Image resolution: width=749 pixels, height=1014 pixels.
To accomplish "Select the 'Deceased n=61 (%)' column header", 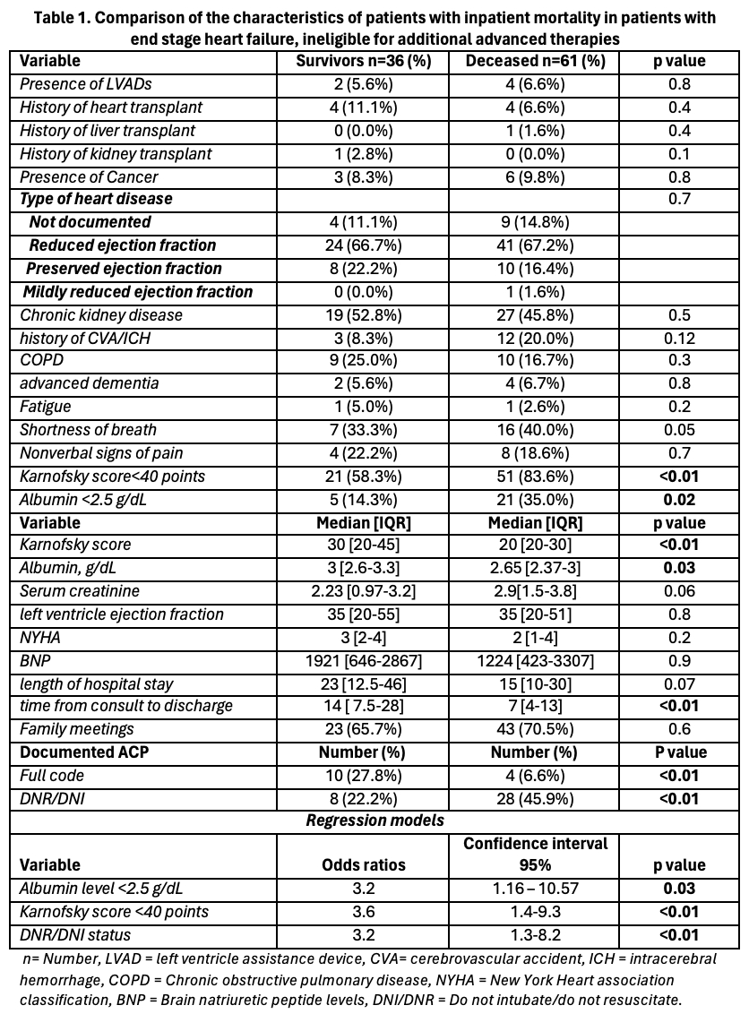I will [x=535, y=61].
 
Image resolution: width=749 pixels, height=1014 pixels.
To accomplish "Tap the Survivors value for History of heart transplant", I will [x=364, y=107].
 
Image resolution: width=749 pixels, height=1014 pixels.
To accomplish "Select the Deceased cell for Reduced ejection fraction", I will [x=535, y=245].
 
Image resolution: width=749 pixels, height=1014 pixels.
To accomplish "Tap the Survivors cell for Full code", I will [x=364, y=775].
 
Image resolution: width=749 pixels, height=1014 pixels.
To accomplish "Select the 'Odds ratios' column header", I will [x=364, y=865].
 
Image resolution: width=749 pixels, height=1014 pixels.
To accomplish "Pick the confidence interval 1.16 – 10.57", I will [x=535, y=889].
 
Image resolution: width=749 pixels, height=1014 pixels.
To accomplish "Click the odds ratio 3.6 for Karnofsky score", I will [x=364, y=912].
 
